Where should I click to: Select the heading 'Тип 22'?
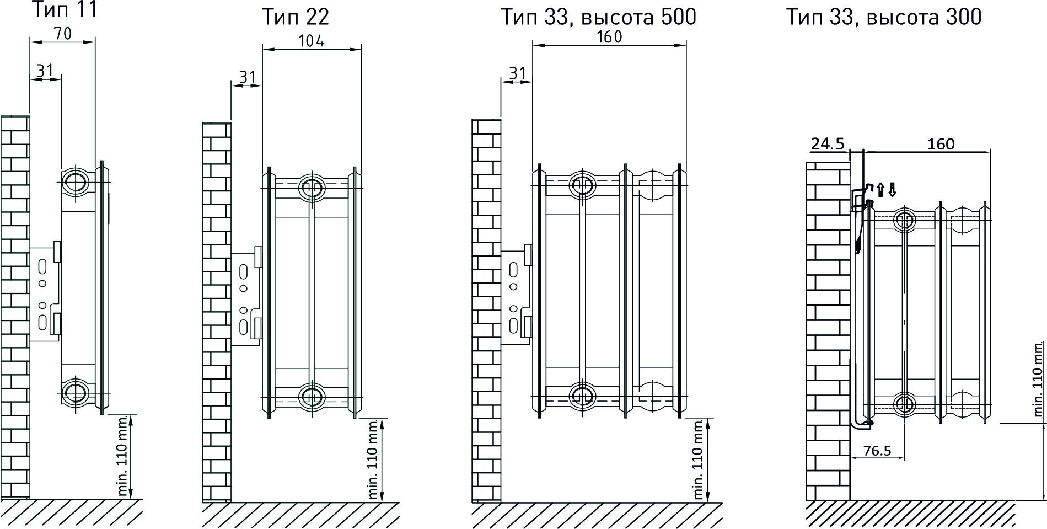pos(296,17)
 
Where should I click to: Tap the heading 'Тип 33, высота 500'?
pos(598,17)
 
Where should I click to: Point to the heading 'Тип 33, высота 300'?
pos(883,17)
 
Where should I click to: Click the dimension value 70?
pos(63,34)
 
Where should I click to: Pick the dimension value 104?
pos(312,41)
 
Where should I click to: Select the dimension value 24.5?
pos(827,144)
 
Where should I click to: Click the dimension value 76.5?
pos(877,451)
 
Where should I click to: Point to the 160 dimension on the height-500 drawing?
pos(609,37)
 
